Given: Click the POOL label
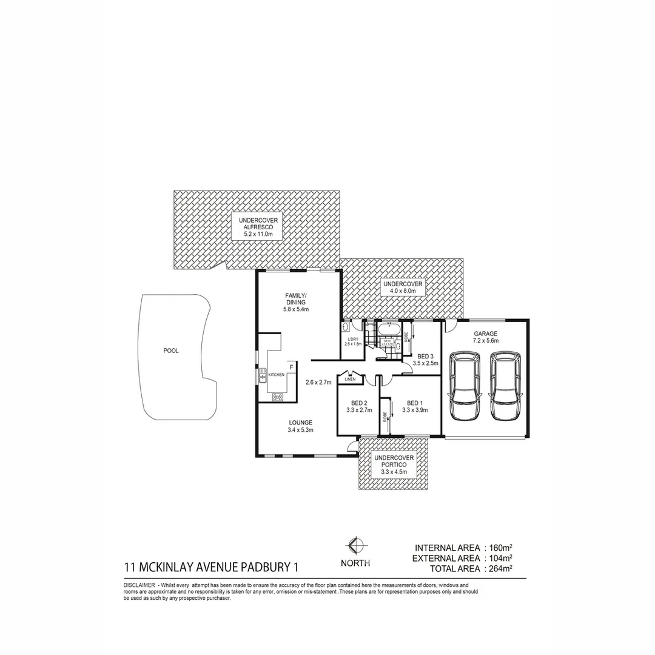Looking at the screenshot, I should (x=171, y=351).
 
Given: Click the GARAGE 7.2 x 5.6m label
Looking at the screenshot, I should (x=486, y=337).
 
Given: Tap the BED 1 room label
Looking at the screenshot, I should (x=414, y=406).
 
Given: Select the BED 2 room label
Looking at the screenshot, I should (x=359, y=406).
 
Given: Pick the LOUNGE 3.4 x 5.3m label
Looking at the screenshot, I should (x=300, y=426).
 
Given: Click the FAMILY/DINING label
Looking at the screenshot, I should (x=296, y=302).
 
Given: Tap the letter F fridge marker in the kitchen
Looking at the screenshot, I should (x=291, y=368).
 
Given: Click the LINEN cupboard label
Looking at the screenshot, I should (x=350, y=379).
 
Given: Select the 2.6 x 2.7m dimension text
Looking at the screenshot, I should (x=317, y=382).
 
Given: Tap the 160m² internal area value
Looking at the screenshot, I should (x=500, y=547).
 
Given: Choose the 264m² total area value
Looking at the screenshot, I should (x=500, y=568).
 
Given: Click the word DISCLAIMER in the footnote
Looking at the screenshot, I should (x=139, y=584).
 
